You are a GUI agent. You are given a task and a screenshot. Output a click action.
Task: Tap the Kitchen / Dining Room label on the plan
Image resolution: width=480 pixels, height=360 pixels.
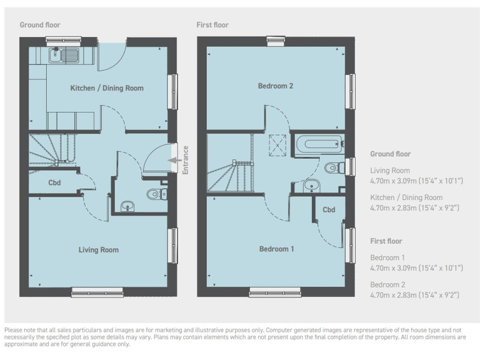107,88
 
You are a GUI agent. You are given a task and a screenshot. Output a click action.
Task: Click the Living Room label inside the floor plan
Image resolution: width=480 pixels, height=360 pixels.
99,250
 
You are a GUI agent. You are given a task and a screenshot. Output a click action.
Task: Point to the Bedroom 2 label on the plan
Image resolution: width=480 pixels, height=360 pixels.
276,86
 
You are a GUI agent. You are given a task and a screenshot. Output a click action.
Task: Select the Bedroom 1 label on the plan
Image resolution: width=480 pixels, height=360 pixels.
277,249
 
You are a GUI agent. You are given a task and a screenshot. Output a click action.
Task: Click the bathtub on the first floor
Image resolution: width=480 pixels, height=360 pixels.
319,145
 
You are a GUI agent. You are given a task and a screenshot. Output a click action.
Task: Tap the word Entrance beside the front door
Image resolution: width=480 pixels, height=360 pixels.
185,160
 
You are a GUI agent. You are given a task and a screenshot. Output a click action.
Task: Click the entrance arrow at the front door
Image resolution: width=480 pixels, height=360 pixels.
171,160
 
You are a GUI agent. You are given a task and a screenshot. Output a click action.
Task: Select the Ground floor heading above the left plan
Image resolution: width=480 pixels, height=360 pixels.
40,25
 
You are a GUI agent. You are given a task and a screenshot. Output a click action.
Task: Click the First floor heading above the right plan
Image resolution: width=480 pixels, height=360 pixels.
212,25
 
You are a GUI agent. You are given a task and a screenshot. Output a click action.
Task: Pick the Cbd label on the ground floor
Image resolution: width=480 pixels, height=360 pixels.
55,183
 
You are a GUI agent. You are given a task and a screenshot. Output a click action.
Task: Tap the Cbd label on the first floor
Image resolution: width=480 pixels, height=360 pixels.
329,210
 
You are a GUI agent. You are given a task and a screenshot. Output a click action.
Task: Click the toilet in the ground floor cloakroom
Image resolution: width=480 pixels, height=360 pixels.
154,194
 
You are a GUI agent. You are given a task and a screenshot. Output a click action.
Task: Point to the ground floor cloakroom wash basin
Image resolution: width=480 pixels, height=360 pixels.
127,206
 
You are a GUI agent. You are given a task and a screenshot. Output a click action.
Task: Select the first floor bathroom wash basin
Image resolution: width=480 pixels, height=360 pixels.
310,184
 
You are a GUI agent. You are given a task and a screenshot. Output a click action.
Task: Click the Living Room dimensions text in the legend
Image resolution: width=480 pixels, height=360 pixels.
416,181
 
